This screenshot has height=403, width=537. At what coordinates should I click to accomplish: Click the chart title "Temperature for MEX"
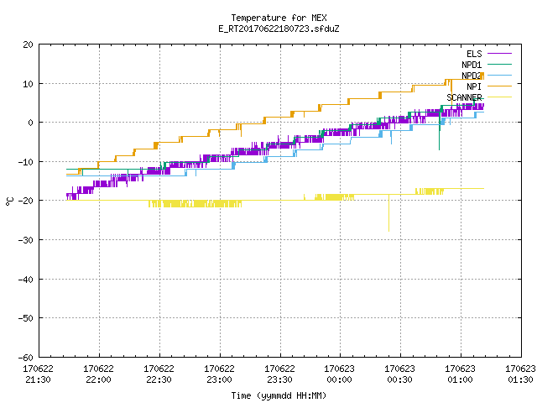[279, 18]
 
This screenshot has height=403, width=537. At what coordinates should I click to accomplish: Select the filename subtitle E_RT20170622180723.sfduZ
[279, 29]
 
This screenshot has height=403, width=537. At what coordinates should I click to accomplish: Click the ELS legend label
[474, 54]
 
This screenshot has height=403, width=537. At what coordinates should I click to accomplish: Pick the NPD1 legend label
[472, 65]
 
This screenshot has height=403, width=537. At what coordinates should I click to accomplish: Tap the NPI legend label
[474, 86]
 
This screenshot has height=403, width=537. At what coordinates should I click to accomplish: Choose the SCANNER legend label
[464, 97]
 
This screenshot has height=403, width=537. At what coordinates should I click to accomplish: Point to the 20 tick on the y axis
[28, 44]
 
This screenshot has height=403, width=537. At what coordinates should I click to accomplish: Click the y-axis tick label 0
[31, 123]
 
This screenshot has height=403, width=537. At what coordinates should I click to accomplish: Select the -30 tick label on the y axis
[26, 240]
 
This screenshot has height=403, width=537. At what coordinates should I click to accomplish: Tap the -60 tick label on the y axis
[26, 358]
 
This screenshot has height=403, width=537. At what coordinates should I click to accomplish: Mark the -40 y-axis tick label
[26, 280]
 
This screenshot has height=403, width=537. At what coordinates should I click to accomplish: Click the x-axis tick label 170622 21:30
[38, 374]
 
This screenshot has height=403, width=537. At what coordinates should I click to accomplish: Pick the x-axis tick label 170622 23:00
[219, 374]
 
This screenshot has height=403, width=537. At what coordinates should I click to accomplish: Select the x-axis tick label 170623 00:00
[339, 374]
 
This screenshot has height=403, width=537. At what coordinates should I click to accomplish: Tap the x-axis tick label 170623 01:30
[520, 374]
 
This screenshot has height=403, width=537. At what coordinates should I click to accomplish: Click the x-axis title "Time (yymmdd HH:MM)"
[279, 395]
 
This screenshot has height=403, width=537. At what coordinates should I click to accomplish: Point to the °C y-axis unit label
[9, 201]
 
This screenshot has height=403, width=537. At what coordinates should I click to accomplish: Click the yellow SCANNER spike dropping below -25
[388, 212]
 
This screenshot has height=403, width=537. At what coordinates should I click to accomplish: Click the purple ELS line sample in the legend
[500, 54]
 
